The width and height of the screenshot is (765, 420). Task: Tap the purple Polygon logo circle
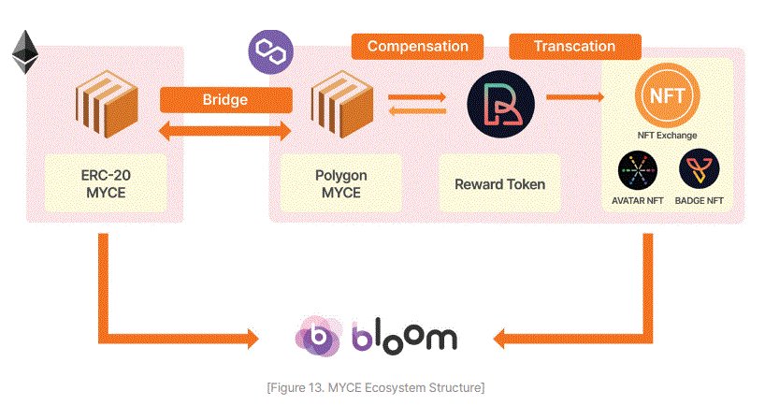[265, 49]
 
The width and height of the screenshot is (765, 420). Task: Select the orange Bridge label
[221, 99]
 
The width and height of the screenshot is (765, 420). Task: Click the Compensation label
[417, 46]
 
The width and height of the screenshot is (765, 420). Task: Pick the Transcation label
[574, 46]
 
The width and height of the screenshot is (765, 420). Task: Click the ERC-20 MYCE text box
[106, 183]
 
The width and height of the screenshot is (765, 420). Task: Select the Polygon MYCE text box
[340, 183]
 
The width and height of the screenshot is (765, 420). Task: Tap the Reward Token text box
[499, 183]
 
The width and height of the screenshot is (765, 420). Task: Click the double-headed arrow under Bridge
[221, 133]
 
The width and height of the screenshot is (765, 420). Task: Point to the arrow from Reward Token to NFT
[573, 96]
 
